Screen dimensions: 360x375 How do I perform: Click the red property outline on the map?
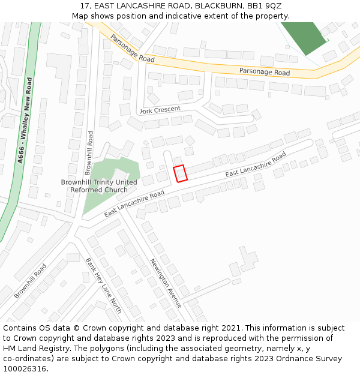coord(181,173)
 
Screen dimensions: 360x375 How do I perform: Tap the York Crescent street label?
coord(160,110)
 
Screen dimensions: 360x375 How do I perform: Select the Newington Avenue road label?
coord(165,283)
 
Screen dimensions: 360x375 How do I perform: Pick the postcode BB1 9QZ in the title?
coord(265,6)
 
